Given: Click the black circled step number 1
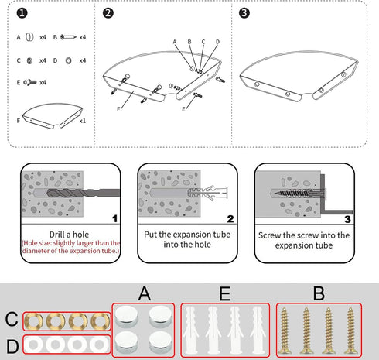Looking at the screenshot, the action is tap(22, 13).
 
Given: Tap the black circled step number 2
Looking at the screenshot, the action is tap(108, 13).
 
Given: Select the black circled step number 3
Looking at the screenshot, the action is tap(244, 13).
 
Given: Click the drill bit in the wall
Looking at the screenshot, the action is tap(84, 193).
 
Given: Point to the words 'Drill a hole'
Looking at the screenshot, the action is tap(69, 235).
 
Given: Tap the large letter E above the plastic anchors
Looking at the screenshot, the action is tap(225, 293).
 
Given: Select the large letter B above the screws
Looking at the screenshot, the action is tap(319, 293).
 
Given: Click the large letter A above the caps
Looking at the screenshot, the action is tap(145, 293).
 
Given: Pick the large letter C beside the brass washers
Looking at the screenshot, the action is tap(12, 319).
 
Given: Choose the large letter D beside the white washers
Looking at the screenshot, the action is tap(12, 346).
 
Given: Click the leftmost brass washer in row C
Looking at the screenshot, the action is tap(33, 321).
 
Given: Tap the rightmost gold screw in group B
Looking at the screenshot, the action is tap(350, 331).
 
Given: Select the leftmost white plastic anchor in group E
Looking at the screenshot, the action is tap(190, 331).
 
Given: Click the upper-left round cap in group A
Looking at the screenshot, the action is tap(126, 316).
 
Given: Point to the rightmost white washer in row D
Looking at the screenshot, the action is tap(99, 345).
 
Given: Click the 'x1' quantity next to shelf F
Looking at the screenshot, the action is tap(83, 121).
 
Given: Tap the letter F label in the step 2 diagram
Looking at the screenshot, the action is tap(118, 109).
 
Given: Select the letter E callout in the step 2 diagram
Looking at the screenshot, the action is tap(183, 109).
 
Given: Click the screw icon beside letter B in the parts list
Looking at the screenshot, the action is tap(68, 37).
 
